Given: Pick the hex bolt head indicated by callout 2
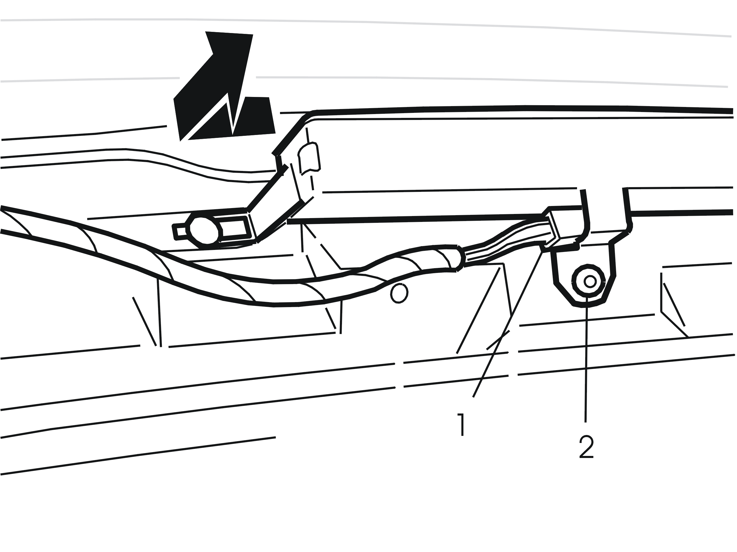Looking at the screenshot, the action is click(588, 281).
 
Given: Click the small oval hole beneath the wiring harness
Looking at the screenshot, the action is click(399, 293).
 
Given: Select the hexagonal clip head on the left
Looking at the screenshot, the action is click(204, 230).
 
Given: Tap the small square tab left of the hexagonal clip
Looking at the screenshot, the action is click(180, 232).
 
